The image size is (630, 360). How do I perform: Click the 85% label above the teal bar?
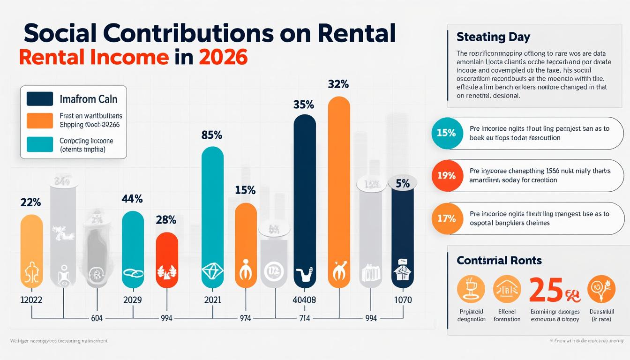[211, 135]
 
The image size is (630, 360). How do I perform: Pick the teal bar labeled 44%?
[133, 249]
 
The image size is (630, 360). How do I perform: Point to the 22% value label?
[31, 202]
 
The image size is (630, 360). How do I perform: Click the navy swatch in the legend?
[40, 99]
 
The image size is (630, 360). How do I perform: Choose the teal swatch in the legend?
[40, 144]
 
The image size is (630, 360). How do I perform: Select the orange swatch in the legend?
[40, 120]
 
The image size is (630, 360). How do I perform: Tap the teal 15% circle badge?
[446, 133]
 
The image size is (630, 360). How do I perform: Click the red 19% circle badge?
[446, 176]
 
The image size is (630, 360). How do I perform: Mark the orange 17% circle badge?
[446, 218]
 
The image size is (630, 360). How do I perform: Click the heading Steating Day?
[493, 37]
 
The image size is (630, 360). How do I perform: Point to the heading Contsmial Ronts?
[499, 260]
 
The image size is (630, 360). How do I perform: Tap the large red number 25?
[546, 290]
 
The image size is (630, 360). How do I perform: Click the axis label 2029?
[133, 300]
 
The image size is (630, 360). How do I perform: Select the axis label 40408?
[305, 300]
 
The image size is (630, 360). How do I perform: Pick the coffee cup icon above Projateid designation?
[470, 289]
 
